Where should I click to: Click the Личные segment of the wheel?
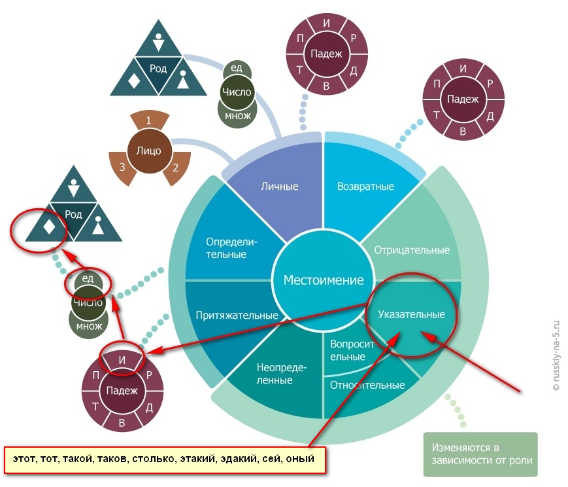coord(279,187)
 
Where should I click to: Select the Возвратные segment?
coord(365,187)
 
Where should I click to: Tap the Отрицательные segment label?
coord(412,250)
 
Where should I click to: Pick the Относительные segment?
coord(367,385)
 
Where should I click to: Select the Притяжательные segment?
coord(237,315)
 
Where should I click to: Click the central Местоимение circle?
coord(323,280)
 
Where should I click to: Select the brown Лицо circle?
coord(148,151)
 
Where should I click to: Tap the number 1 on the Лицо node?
coord(148,120)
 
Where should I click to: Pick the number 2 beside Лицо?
coord(175,166)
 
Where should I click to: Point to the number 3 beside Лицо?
coord(122,166)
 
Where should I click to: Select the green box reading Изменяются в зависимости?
coord(480,454)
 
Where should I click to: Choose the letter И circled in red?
coord(122,359)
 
